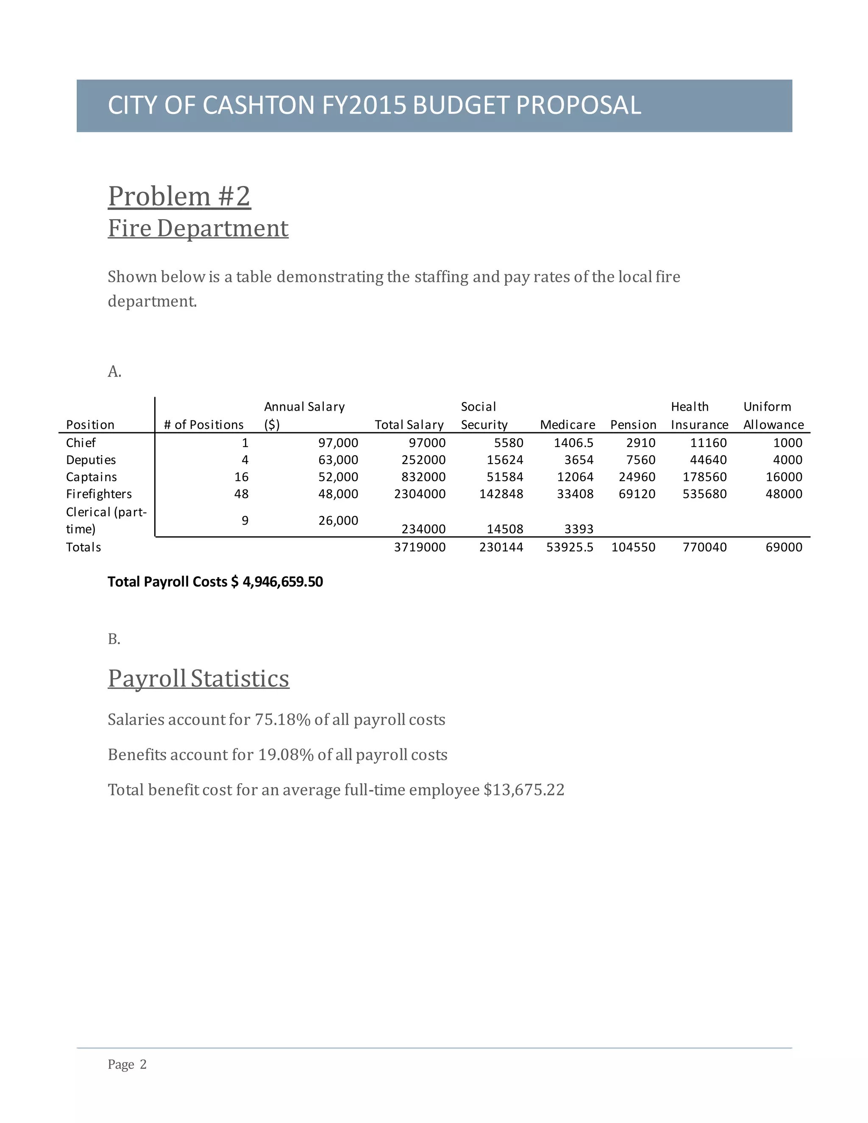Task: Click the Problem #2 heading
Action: pyautogui.click(x=179, y=197)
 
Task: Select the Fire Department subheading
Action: pyautogui.click(x=198, y=228)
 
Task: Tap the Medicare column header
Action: pyautogui.click(x=567, y=425)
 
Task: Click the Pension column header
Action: pyautogui.click(x=633, y=425)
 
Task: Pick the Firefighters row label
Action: pyautogui.click(x=99, y=494)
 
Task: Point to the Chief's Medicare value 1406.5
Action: pyautogui.click(x=573, y=443)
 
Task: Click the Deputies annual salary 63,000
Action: pyautogui.click(x=338, y=460)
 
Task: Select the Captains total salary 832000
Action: pyautogui.click(x=423, y=477)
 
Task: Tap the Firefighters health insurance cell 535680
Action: pyautogui.click(x=704, y=494)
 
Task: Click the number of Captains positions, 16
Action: pyautogui.click(x=241, y=477)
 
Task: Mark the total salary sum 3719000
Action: pyautogui.click(x=420, y=547)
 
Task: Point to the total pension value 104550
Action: pyautogui.click(x=633, y=547)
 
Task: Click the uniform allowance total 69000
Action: pyautogui.click(x=784, y=547)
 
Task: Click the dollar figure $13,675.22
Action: pyautogui.click(x=524, y=790)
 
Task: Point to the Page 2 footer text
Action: pyautogui.click(x=127, y=1065)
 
